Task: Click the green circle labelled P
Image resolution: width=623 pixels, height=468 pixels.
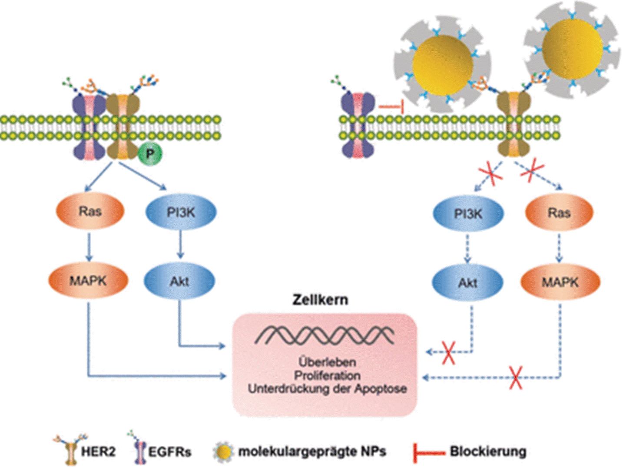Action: (150, 154)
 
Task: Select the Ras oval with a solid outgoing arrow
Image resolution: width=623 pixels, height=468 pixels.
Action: (90, 212)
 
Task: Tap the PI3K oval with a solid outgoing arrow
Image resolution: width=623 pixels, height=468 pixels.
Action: (181, 212)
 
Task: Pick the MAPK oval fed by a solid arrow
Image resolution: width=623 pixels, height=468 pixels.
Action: (88, 281)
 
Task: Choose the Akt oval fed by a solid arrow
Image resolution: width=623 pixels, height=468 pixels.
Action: (179, 281)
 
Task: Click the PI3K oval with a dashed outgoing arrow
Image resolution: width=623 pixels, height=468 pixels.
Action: (468, 214)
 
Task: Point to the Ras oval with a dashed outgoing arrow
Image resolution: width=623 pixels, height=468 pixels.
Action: (559, 213)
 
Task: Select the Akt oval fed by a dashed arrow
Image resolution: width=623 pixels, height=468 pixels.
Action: (468, 283)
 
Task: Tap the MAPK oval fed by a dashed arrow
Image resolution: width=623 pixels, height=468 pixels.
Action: (560, 282)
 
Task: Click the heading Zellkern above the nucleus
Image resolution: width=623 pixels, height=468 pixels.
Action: (320, 300)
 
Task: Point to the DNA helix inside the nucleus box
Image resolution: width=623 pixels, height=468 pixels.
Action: (325, 336)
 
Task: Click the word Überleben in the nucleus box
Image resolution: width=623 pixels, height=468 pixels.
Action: (327, 362)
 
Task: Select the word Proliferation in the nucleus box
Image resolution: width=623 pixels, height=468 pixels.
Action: (327, 375)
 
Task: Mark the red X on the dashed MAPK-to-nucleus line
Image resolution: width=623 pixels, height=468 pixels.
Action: (516, 377)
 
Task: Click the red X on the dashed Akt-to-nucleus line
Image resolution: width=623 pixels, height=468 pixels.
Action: (448, 352)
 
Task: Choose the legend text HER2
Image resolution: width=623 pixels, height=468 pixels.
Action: (99, 452)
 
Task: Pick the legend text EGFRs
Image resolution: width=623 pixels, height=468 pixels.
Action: (170, 452)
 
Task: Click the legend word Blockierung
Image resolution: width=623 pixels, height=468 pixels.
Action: (488, 451)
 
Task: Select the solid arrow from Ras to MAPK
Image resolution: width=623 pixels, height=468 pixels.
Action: (89, 247)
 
